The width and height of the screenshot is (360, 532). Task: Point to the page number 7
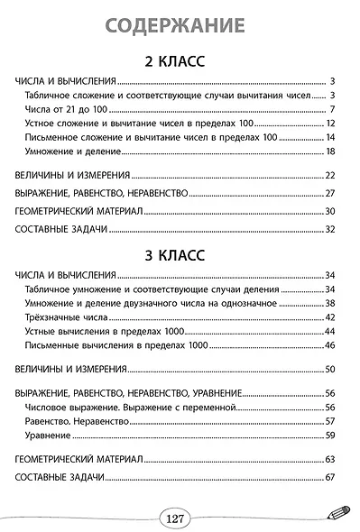coord(333,108)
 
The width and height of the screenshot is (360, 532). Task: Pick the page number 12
coord(330,123)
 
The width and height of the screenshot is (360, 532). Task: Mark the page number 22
coord(330,174)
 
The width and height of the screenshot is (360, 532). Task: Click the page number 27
coord(330,193)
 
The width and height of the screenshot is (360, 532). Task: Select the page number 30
coord(330,211)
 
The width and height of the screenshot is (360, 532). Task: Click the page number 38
coord(330,303)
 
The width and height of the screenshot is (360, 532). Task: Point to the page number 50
coord(330,369)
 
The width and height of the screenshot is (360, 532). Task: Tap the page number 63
coord(330,458)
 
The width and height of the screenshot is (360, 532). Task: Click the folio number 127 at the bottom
coord(175,518)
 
